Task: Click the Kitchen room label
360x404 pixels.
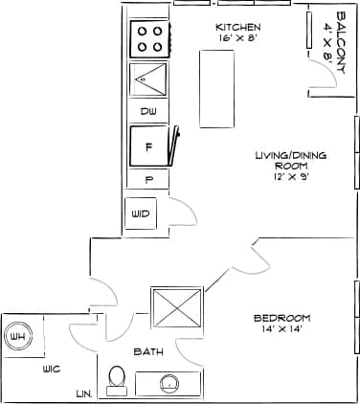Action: pyautogui.click(x=237, y=26)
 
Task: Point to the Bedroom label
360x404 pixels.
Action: pyautogui.click(x=282, y=318)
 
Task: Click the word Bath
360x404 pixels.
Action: pyautogui.click(x=148, y=351)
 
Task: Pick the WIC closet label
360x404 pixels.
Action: pyautogui.click(x=52, y=369)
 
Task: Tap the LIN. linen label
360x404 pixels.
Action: pyautogui.click(x=83, y=393)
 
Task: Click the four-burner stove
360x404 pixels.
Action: pyautogui.click(x=149, y=38)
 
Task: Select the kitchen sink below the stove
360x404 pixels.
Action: pyautogui.click(x=149, y=80)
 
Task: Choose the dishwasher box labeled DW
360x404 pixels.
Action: pyautogui.click(x=148, y=112)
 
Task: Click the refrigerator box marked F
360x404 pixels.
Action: pyautogui.click(x=148, y=147)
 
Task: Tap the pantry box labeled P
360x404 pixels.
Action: pyautogui.click(x=148, y=179)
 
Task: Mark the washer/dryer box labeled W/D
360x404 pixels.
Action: pyautogui.click(x=140, y=213)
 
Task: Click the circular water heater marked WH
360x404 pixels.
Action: pyautogui.click(x=17, y=337)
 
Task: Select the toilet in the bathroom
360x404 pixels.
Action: pyautogui.click(x=118, y=379)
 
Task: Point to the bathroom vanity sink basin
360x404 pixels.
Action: pyautogui.click(x=169, y=384)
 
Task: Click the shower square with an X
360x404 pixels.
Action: pyautogui.click(x=176, y=310)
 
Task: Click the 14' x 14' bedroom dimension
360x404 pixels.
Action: pyautogui.click(x=282, y=329)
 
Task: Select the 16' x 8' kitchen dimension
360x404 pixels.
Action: pyautogui.click(x=237, y=37)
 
